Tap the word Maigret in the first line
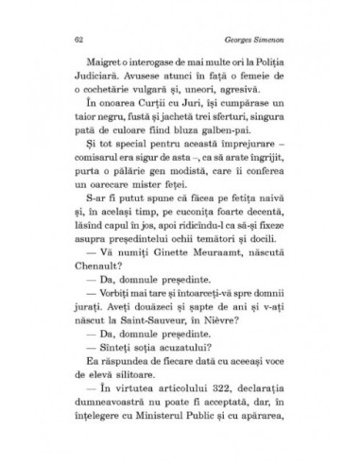pos(93,72)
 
